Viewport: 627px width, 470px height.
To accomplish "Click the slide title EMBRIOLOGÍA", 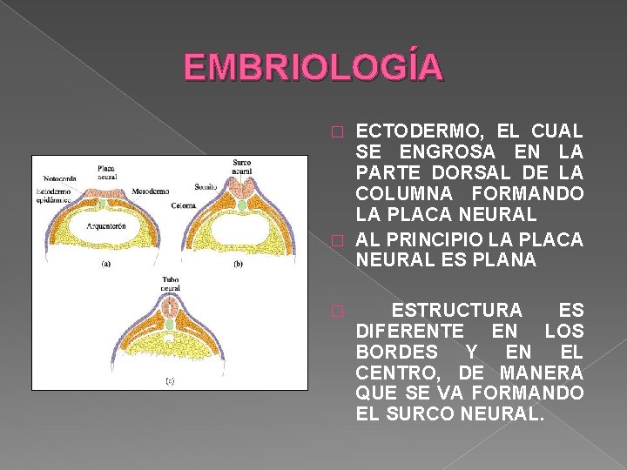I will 314,67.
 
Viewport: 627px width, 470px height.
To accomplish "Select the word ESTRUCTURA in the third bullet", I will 457,311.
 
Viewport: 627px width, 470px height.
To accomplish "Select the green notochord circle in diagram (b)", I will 241,205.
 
